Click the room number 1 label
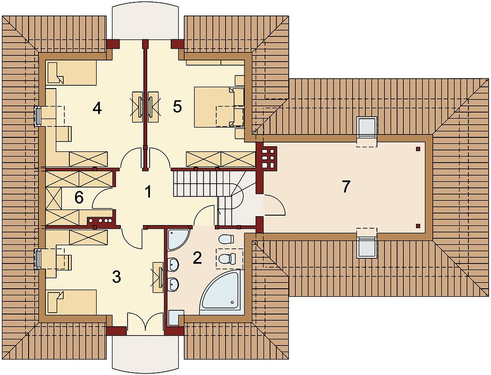coord(148,192)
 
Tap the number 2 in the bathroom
coord(197,258)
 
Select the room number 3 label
coord(116,277)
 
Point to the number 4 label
coord(97,108)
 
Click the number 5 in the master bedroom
coord(177,107)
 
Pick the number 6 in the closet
coord(79,197)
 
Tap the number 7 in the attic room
coord(346,187)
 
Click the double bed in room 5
coord(219,107)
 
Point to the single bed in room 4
coord(71,73)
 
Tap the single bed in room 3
coord(71,302)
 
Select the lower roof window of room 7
coord(366,247)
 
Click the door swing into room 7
coord(275,204)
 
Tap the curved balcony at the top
coord(146,21)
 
